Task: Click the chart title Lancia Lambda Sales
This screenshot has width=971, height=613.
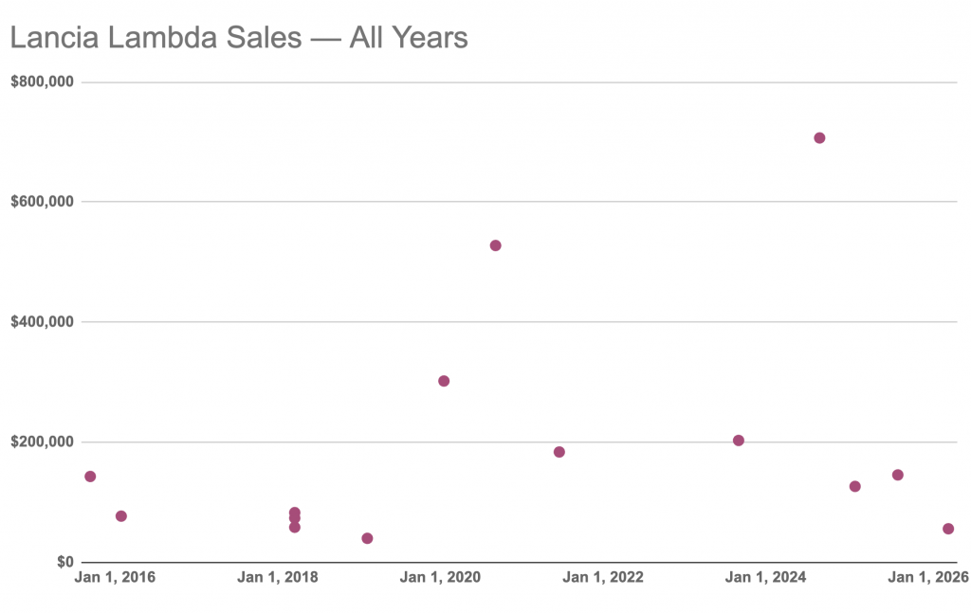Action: click(156, 37)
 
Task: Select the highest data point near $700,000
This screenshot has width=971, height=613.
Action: click(819, 138)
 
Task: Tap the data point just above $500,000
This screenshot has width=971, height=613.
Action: click(495, 245)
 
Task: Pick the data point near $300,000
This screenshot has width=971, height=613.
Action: click(444, 381)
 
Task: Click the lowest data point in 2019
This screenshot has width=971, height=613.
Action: click(367, 538)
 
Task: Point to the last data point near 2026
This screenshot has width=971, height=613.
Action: click(948, 529)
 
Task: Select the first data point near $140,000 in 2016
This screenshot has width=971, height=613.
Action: click(90, 477)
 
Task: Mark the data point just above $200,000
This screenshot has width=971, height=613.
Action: click(738, 441)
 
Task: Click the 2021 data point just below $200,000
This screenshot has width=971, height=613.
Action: click(559, 452)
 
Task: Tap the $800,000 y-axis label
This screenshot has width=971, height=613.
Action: click(42, 81)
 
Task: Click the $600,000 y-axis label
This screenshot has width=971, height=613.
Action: click(42, 202)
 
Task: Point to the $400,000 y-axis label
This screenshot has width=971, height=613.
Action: click(42, 321)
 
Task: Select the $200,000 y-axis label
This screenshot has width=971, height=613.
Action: click(42, 442)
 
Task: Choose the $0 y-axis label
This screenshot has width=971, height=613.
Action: click(65, 562)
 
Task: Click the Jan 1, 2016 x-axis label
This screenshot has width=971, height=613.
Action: click(115, 577)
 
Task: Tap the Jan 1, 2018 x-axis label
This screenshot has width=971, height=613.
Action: click(278, 577)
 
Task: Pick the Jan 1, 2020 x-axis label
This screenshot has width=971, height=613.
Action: click(440, 577)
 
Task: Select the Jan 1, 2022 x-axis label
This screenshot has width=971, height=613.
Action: click(603, 577)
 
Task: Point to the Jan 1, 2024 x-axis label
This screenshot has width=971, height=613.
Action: click(765, 577)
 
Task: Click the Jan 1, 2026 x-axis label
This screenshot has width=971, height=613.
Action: click(928, 577)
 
